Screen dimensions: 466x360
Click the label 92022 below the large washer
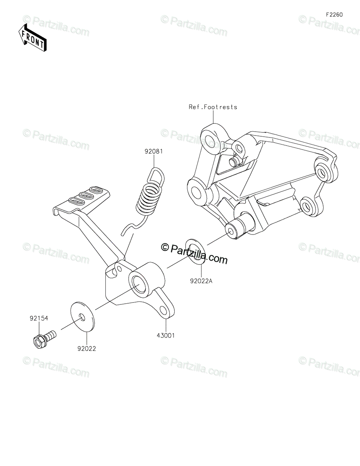pyautogui.click(x=86, y=349)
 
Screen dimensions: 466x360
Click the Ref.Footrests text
pyautogui.click(x=213, y=107)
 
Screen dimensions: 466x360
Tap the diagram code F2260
pyautogui.click(x=334, y=15)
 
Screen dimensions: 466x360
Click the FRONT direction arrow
pyautogui.click(x=33, y=38)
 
